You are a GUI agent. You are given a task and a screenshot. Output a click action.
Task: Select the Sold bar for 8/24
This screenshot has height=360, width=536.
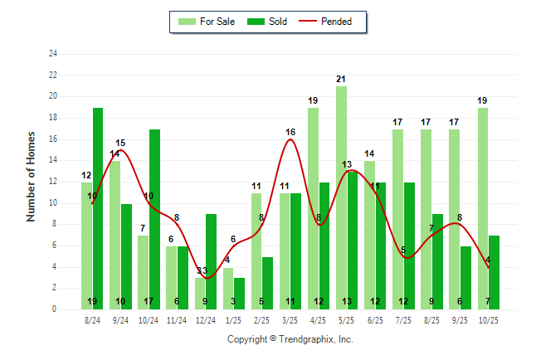pyautogui.click(x=98, y=207)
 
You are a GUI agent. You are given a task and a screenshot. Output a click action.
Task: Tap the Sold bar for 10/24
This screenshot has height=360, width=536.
pyautogui.click(x=154, y=219)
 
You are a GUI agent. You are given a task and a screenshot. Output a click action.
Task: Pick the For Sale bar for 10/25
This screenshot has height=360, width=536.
pyautogui.click(x=482, y=207)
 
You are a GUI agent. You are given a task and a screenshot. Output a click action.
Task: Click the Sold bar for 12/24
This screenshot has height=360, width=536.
pyautogui.click(x=211, y=261)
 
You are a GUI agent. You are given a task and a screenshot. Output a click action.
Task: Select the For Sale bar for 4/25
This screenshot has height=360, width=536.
pyautogui.click(x=313, y=207)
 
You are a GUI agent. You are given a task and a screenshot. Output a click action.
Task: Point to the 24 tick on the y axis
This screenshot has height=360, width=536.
pyautogui.click(x=53, y=54)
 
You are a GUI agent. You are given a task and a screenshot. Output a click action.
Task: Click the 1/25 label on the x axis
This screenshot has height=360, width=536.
pyautogui.click(x=233, y=319)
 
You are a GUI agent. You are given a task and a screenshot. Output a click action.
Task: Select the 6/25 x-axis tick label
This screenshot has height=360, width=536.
pyautogui.click(x=374, y=319)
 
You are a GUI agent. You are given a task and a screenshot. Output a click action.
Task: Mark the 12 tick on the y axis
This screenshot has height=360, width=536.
pyautogui.click(x=53, y=182)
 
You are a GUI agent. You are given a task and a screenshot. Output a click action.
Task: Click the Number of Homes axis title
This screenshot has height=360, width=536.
pyautogui.click(x=31, y=176)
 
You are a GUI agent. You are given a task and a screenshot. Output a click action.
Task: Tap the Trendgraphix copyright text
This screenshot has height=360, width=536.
pyautogui.click(x=290, y=339)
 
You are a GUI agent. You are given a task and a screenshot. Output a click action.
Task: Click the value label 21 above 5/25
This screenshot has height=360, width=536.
pyautogui.click(x=341, y=79)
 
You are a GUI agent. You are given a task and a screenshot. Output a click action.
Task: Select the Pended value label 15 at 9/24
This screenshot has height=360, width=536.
pyautogui.click(x=120, y=143)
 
